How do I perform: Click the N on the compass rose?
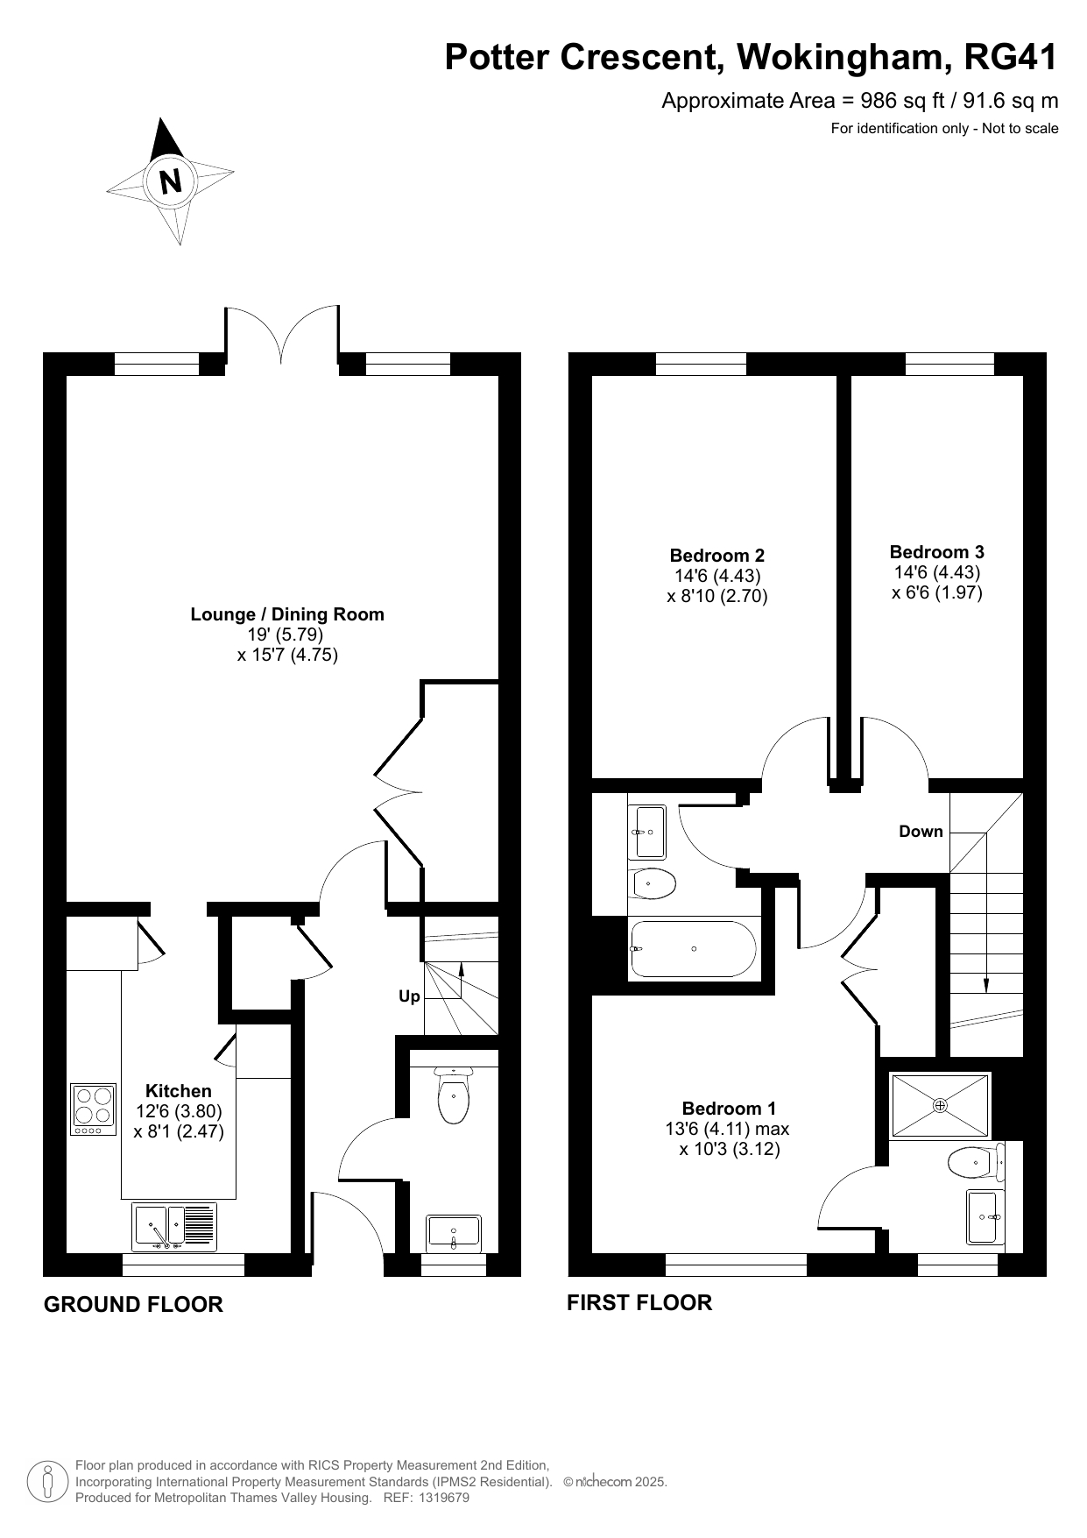pyautogui.click(x=171, y=181)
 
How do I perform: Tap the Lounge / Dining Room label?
pyautogui.click(x=287, y=614)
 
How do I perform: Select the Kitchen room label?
pyautogui.click(x=179, y=1091)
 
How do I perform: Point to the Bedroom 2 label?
pyautogui.click(x=717, y=556)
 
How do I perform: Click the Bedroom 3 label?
pyautogui.click(x=937, y=552)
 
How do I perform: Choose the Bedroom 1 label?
pyautogui.click(x=730, y=1109)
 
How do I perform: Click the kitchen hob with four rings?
pyautogui.click(x=94, y=1110)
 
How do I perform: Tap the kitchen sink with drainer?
pyautogui.click(x=174, y=1227)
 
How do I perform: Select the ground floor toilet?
pyautogui.click(x=453, y=1095)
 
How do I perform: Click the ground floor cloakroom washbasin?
pyautogui.click(x=454, y=1232)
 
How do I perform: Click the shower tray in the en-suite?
pyautogui.click(x=940, y=1106)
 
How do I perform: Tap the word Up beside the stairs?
pyautogui.click(x=409, y=996)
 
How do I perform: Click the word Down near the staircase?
pyautogui.click(x=921, y=832)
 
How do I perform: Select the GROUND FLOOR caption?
pyautogui.click(x=133, y=1305)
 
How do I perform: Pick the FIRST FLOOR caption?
pyautogui.click(x=639, y=1303)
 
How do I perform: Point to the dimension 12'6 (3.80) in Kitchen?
pyautogui.click(x=179, y=1111)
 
